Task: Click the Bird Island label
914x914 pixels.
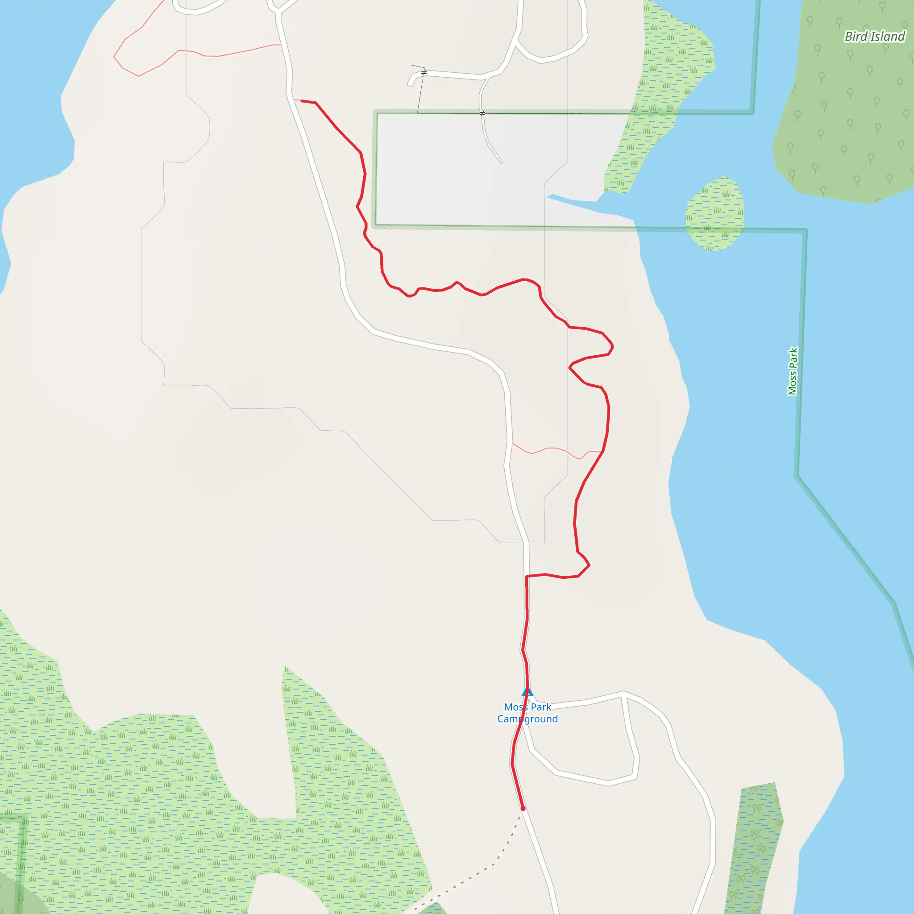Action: (x=874, y=37)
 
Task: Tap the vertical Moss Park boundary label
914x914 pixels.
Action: (x=793, y=371)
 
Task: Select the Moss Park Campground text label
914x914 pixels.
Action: (x=528, y=713)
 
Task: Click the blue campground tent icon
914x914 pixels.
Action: (x=527, y=692)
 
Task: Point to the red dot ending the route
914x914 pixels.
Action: (x=523, y=809)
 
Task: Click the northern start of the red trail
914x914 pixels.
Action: (x=302, y=101)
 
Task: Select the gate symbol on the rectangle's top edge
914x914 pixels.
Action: (x=482, y=113)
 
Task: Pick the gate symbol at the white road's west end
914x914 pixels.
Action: (x=424, y=72)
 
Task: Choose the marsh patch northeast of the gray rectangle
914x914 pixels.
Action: (x=672, y=71)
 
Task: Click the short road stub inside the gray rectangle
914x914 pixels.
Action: (x=490, y=142)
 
